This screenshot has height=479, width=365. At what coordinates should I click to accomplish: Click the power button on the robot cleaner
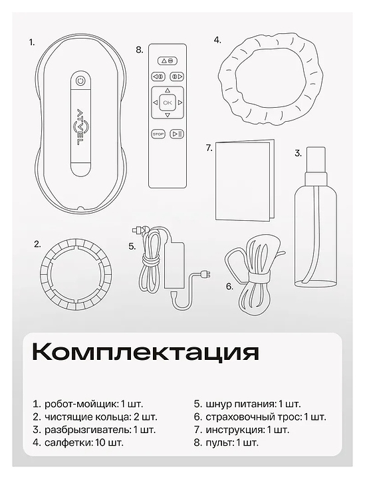click(x=80, y=81)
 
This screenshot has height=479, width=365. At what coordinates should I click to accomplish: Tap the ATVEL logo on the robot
click(x=80, y=126)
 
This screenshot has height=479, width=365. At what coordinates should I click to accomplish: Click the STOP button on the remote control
click(x=158, y=134)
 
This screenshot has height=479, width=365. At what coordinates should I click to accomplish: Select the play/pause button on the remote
click(x=177, y=134)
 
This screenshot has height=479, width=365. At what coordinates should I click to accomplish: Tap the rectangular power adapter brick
click(x=174, y=265)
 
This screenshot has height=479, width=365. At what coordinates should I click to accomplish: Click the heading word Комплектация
click(x=146, y=352)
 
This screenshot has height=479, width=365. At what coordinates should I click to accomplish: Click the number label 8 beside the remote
click(x=139, y=50)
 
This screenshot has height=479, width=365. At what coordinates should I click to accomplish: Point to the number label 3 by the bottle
click(x=298, y=153)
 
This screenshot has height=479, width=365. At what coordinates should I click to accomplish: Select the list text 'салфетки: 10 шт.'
click(x=84, y=442)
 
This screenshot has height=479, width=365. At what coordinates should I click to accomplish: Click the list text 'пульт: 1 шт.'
click(x=232, y=442)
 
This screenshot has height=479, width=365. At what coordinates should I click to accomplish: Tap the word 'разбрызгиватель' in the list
click(x=88, y=430)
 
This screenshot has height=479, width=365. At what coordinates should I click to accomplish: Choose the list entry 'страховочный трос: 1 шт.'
click(x=266, y=416)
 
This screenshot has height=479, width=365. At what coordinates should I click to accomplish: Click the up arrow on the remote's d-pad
click(x=168, y=90)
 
